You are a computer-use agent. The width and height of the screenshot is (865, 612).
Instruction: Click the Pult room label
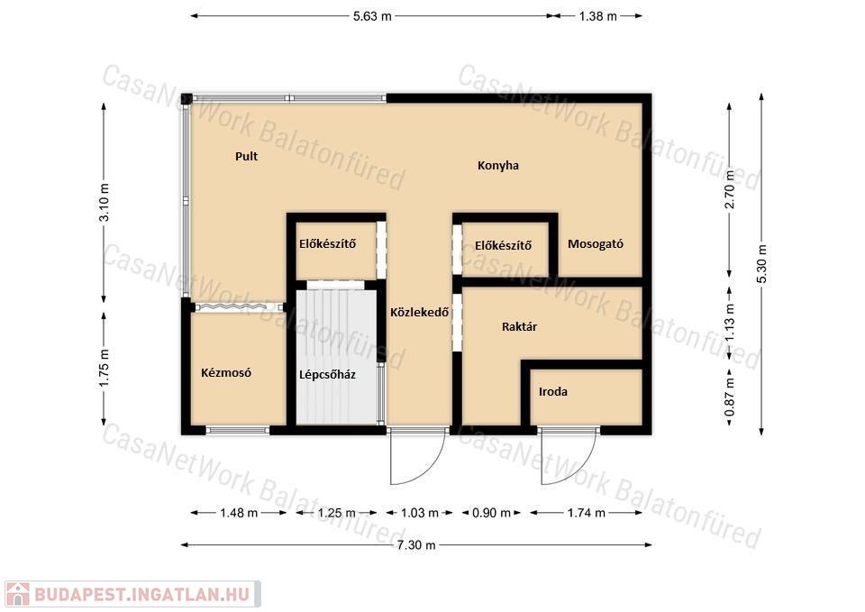point(246,156)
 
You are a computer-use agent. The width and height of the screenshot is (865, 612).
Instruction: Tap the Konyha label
point(497,166)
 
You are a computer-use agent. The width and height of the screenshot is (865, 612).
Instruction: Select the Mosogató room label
point(596,244)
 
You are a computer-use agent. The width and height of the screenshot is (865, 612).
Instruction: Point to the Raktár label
point(519,326)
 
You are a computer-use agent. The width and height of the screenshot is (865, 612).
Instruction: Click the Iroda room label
point(552,392)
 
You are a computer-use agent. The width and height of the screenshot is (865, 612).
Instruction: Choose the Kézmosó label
point(225,372)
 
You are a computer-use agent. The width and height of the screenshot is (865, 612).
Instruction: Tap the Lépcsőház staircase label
point(327,375)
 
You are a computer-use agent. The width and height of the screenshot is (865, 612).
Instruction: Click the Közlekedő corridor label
point(419,313)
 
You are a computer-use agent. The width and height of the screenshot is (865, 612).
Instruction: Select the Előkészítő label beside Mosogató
point(503,245)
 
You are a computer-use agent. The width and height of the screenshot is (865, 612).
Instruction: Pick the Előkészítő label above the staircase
point(327,243)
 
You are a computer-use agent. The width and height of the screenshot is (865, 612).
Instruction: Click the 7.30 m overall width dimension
point(416,545)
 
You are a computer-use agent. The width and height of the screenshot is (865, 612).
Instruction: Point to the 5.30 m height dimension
point(761,264)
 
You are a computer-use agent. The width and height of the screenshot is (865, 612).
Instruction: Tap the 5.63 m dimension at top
point(372,16)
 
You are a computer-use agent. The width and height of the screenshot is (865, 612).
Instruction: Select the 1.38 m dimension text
point(598,16)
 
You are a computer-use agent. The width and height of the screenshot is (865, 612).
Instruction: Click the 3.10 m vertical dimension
point(104,202)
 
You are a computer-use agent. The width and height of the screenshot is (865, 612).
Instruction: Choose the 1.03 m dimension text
point(419,513)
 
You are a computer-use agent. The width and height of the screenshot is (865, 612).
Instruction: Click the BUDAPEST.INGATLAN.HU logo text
point(141,594)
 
